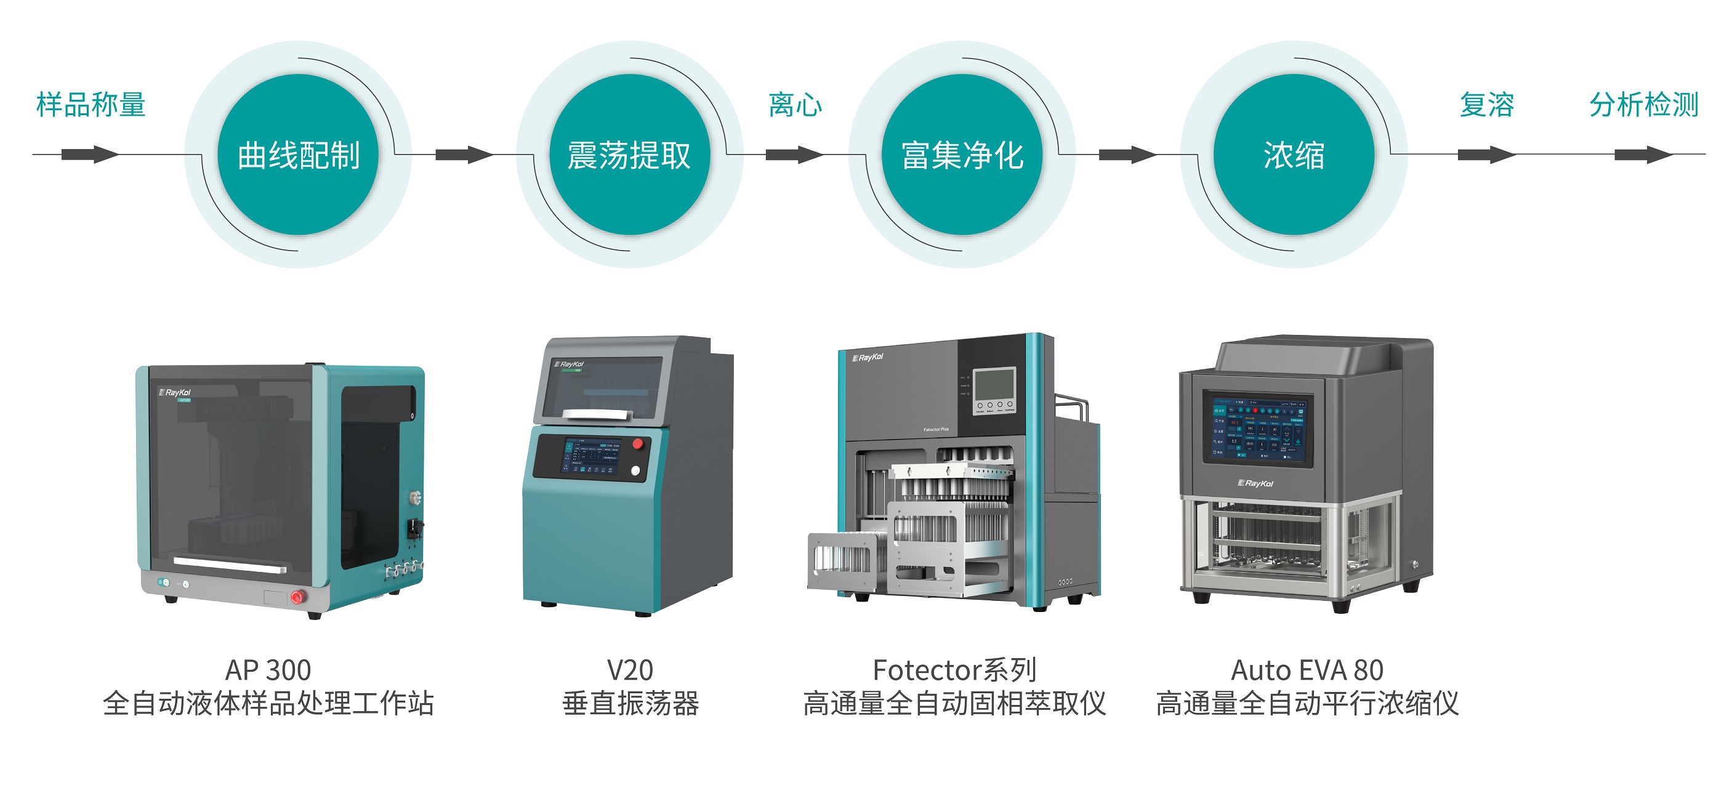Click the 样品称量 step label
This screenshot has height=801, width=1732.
click(91, 105)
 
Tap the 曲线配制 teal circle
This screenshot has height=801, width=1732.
click(298, 155)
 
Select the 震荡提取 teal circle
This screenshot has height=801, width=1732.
click(629, 155)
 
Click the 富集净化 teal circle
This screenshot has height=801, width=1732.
click(962, 155)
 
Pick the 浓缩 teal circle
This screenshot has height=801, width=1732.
click(1294, 155)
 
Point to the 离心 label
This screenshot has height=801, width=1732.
click(796, 105)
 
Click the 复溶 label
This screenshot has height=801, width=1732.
click(1486, 105)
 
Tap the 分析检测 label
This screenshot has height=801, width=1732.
click(1644, 105)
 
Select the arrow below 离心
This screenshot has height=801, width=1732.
click(794, 155)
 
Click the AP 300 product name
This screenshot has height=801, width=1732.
click(268, 670)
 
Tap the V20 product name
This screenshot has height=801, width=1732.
click(630, 670)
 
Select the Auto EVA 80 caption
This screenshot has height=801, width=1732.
click(1307, 670)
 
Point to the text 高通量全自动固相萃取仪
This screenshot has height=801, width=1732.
click(954, 704)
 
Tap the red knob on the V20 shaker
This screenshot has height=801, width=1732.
click(638, 443)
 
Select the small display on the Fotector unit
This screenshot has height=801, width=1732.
click(994, 384)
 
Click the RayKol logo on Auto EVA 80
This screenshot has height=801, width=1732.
click(1255, 483)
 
